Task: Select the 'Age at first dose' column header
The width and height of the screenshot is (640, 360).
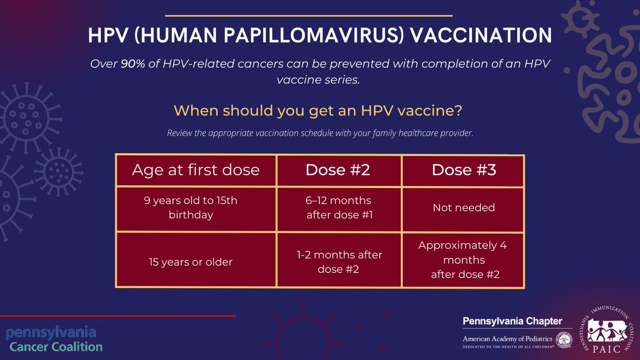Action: tap(196, 170)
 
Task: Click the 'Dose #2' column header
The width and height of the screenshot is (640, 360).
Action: tap(338, 170)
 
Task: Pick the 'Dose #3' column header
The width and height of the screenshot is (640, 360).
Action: tap(463, 170)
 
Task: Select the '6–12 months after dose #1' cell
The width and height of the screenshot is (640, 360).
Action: tap(338, 207)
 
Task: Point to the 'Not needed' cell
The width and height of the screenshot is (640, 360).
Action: tap(463, 207)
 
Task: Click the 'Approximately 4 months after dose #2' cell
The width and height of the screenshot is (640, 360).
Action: tap(462, 260)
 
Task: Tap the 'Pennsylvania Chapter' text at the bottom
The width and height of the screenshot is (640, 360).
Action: tap(512, 321)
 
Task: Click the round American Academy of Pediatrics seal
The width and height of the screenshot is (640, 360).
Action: tap(563, 339)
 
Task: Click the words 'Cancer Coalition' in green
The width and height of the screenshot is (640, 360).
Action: tap(54, 347)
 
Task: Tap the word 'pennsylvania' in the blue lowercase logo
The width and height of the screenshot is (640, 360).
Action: tap(51, 332)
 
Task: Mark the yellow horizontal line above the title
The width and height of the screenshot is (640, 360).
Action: tap(309, 15)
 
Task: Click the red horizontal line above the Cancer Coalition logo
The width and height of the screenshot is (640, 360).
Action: tap(117, 316)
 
